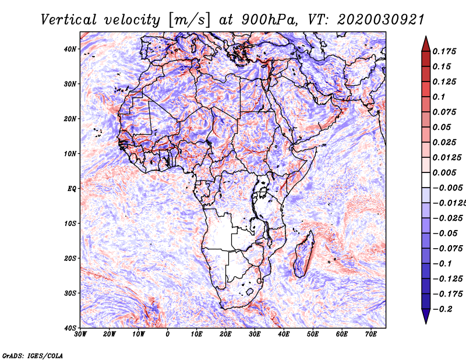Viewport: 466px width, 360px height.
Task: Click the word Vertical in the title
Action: coord(69,20)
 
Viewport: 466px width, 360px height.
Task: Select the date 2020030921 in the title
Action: coord(381,20)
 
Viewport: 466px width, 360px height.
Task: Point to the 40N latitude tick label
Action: coord(70,49)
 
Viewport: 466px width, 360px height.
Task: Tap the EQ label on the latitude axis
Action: coord(72,189)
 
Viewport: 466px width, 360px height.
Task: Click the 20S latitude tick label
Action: coord(70,258)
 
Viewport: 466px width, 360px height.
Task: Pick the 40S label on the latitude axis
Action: coord(70,328)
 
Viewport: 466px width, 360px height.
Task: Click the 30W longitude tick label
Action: coord(80,334)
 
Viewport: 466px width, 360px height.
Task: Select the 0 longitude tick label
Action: coord(168,334)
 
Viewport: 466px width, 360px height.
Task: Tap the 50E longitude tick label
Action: coord(313,334)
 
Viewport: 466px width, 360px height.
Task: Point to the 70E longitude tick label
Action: coord(371,334)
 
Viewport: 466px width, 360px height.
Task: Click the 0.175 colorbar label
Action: coord(444,51)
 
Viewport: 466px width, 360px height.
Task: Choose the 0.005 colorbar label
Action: coord(444,172)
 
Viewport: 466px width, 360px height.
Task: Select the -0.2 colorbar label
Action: coord(443,309)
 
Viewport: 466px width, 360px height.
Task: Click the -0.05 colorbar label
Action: coord(445,234)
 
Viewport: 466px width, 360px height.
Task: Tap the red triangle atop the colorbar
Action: coord(426,44)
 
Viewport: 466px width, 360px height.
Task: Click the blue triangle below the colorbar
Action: coord(426,316)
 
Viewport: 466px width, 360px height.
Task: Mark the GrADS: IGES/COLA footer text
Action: coord(33,355)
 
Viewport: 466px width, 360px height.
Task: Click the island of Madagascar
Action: coord(303,254)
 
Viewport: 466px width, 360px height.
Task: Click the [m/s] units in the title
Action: coord(189,20)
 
